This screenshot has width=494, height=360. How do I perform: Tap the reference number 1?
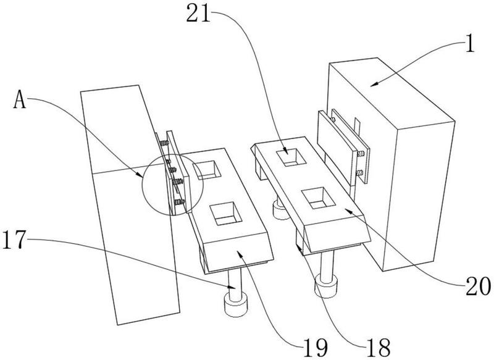469,43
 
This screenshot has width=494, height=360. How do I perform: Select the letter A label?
20,99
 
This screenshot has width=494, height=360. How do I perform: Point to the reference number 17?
13,239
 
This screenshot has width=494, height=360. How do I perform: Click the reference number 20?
478,287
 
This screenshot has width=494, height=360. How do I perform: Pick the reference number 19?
316,348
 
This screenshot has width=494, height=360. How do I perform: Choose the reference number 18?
379,348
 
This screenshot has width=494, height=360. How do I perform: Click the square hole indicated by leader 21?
291,157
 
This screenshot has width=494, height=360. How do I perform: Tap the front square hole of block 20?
317,198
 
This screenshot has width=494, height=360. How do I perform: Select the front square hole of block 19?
225,213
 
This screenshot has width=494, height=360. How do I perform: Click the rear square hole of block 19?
207,169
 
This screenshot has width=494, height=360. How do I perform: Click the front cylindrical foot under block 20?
327,285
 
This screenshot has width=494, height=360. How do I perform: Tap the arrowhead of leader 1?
374,84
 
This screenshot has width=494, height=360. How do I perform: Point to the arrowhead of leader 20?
348,210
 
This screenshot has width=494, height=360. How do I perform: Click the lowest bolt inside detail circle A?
180,202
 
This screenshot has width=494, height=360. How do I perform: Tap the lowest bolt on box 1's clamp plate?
359,173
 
